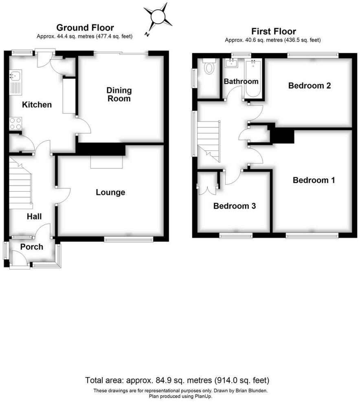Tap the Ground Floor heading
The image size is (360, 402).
point(85,28)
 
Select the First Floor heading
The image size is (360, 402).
point(273,31)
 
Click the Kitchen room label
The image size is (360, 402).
point(37,105)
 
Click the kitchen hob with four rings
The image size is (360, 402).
point(15,123)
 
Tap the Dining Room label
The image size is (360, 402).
point(119,94)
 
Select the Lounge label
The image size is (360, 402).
point(110,192)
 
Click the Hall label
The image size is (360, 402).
point(34,216)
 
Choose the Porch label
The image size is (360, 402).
point(32,247)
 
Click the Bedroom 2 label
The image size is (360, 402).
point(309,86)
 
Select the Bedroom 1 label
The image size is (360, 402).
point(314,180)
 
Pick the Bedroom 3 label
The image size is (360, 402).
point(234,206)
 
